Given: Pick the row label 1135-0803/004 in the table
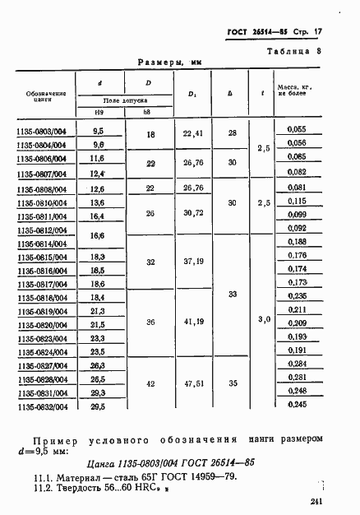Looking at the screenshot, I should [x=43, y=129].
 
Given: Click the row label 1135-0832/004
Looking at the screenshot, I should [x=43, y=406].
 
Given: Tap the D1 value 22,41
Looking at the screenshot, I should [x=193, y=134].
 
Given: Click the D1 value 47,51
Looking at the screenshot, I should [x=193, y=383].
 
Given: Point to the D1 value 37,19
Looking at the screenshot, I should [x=193, y=261].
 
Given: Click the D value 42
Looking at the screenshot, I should [x=150, y=383].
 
